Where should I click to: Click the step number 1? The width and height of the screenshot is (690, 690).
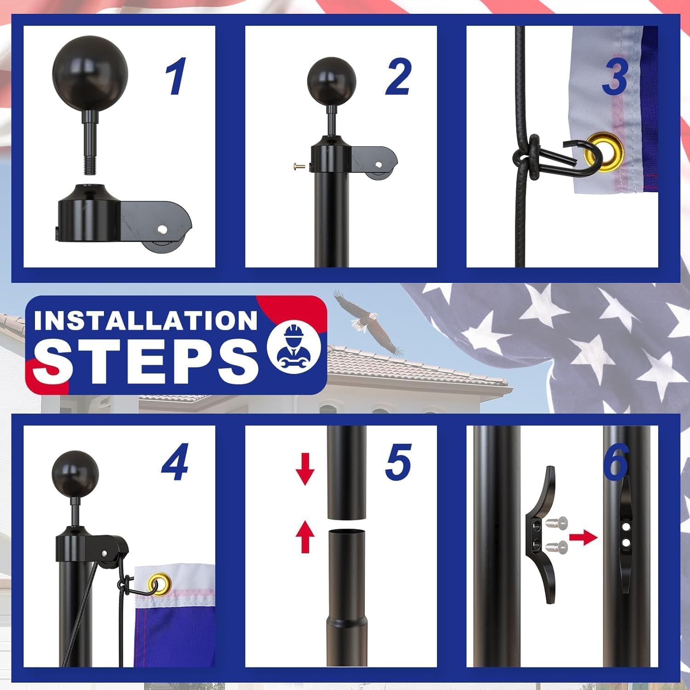pos(176,76)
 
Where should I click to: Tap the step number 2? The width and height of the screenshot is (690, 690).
pos(398,76)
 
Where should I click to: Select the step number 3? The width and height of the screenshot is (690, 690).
pos(615,76)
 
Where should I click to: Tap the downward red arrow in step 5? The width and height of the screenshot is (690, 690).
pos(305,472)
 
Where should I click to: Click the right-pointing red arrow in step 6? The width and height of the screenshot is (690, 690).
pos(583,537)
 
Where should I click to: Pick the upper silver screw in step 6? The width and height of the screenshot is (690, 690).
pos(557,523)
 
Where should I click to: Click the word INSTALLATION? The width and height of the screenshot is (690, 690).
pos(145,320)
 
